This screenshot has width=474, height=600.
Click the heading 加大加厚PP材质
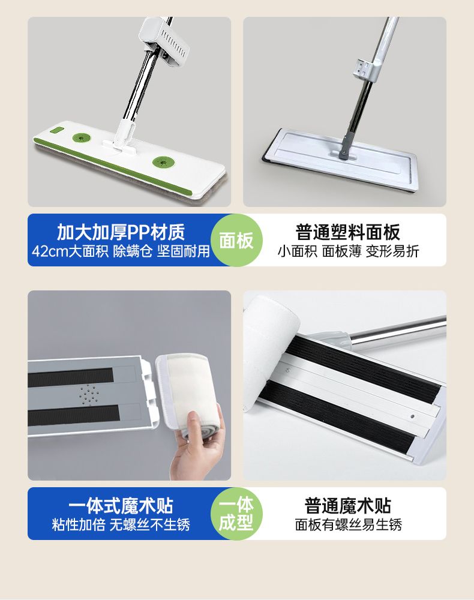pyautogui.click(x=121, y=232)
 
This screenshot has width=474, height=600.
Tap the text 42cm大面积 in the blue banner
pyautogui.click(x=70, y=251)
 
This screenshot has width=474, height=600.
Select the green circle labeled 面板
pyautogui.click(x=236, y=241)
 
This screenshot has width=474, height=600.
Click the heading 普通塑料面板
pyautogui.click(x=347, y=232)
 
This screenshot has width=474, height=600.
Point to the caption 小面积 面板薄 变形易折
pyautogui.click(x=348, y=251)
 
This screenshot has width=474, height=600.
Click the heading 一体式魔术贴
pyautogui.click(x=121, y=505)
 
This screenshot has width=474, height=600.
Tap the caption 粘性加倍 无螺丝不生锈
pyautogui.click(x=121, y=524)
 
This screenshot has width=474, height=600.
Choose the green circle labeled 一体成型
pyautogui.click(x=236, y=514)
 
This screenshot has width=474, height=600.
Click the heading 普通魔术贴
pyautogui.click(x=347, y=505)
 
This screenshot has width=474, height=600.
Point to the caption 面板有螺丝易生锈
pyautogui.click(x=348, y=524)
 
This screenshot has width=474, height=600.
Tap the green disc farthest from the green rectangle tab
pyautogui.click(x=164, y=162)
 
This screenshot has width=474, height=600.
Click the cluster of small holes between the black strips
pyautogui.click(x=89, y=394)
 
